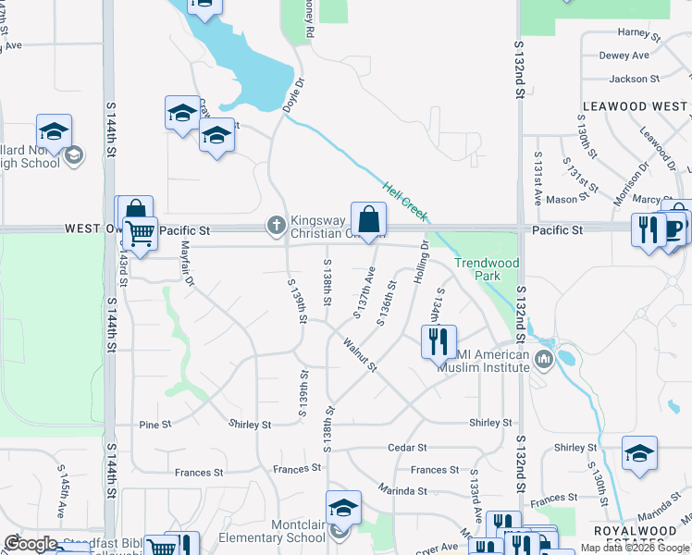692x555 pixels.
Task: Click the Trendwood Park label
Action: [488, 269]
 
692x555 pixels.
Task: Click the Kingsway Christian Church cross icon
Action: [276, 224]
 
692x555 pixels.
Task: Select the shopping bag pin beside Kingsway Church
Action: [368, 220]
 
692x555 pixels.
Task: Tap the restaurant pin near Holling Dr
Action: [439, 340]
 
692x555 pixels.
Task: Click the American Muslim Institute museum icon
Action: [543, 358]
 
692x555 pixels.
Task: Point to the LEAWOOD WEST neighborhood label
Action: [635, 106]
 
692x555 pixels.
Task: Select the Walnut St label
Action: [360, 355]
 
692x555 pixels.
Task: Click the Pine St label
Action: [155, 425]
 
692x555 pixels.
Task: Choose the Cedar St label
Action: [406, 448]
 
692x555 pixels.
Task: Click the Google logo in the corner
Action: [31, 544]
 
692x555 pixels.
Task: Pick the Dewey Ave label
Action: [624, 55]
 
